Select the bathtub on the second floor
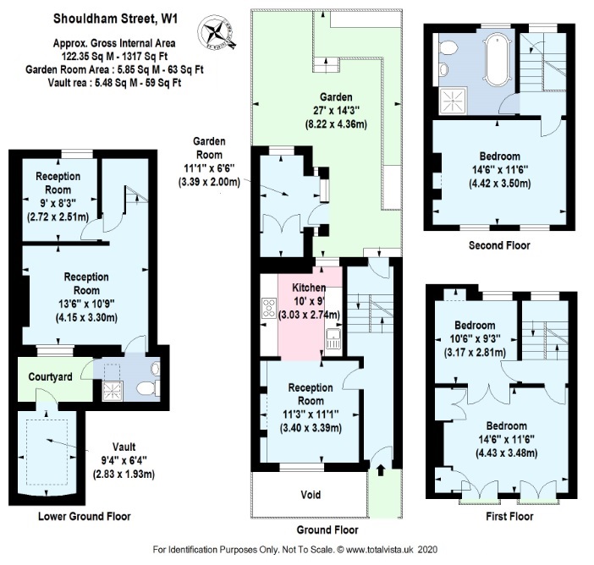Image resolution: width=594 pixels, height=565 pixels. (x=492, y=70)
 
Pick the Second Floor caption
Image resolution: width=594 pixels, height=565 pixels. (x=498, y=245)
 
